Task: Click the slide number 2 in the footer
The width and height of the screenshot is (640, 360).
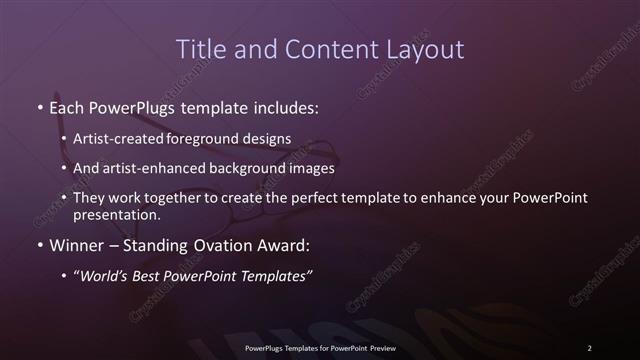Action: [589, 348]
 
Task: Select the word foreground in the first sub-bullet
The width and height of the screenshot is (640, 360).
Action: [211, 138]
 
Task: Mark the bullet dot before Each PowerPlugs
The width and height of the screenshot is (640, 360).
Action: [39, 106]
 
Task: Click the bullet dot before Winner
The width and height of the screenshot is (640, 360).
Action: [39, 243]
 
